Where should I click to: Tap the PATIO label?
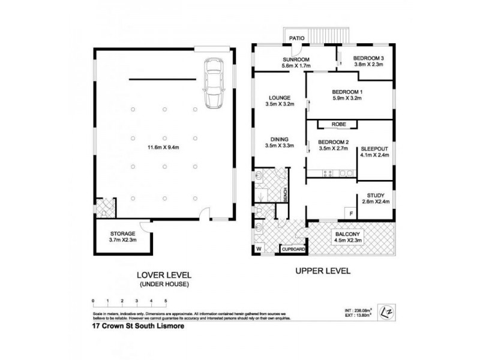click(x=296, y=38)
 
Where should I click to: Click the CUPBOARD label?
click(x=294, y=248)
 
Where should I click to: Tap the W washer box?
click(x=259, y=248)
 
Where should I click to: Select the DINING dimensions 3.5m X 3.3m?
click(x=279, y=145)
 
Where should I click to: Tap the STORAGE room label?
click(x=122, y=233)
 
